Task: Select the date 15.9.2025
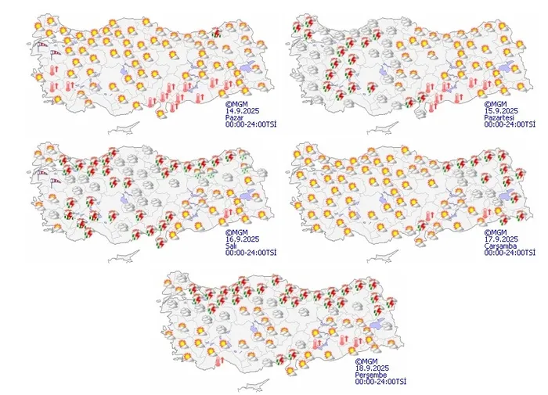click(x=499, y=110)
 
